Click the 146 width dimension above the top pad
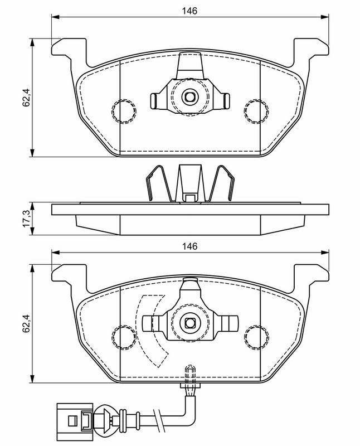[189, 11]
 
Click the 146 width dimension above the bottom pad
[189, 246]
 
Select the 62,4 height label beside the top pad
[26, 97]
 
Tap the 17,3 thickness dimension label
[26, 219]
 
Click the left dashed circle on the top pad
[124, 111]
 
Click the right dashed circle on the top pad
[256, 111]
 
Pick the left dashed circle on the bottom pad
[124, 337]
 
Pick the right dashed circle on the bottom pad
[256, 337]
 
